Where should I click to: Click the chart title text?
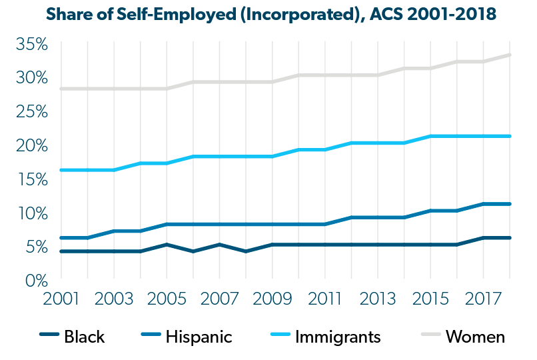[268, 14]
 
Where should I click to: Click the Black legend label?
[84, 337]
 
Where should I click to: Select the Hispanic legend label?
[199, 337]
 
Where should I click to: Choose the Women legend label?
[475, 337]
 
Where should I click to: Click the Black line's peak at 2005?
[167, 245]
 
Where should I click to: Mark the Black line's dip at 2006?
[193, 251]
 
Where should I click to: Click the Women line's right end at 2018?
[510, 55]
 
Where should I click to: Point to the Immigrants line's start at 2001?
[61, 170]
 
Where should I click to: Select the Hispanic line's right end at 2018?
[510, 204]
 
